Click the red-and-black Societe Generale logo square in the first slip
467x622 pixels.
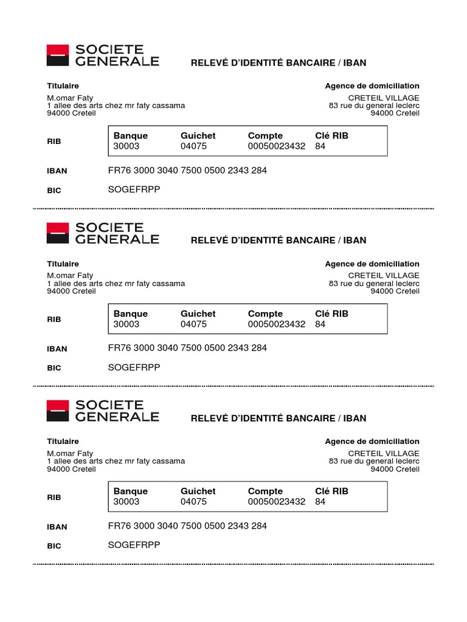point(58,55)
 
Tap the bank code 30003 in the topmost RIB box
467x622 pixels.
point(126,146)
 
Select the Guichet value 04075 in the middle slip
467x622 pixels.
point(193,324)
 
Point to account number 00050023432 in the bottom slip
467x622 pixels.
point(277,502)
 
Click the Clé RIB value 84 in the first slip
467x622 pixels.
point(320,146)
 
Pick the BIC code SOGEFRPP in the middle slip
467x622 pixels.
point(134,367)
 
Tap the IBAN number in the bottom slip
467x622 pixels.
point(187,526)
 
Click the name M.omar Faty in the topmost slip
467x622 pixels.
point(70,98)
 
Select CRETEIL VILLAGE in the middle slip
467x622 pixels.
point(384,276)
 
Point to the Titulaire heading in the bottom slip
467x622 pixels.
point(63,442)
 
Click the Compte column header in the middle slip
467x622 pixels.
point(265,314)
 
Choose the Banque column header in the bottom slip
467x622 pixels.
point(130,491)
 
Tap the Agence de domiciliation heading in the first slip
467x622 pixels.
point(372,86)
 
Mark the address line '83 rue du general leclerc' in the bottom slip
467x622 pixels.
point(374,461)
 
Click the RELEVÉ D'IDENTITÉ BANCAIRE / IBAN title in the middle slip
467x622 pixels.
point(278,241)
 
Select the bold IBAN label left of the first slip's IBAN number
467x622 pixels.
point(57,171)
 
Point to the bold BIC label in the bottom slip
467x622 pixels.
point(54,546)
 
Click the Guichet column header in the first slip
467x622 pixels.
point(198,136)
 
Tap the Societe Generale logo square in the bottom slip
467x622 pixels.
point(58,411)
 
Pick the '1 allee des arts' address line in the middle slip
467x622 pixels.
point(116,284)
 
